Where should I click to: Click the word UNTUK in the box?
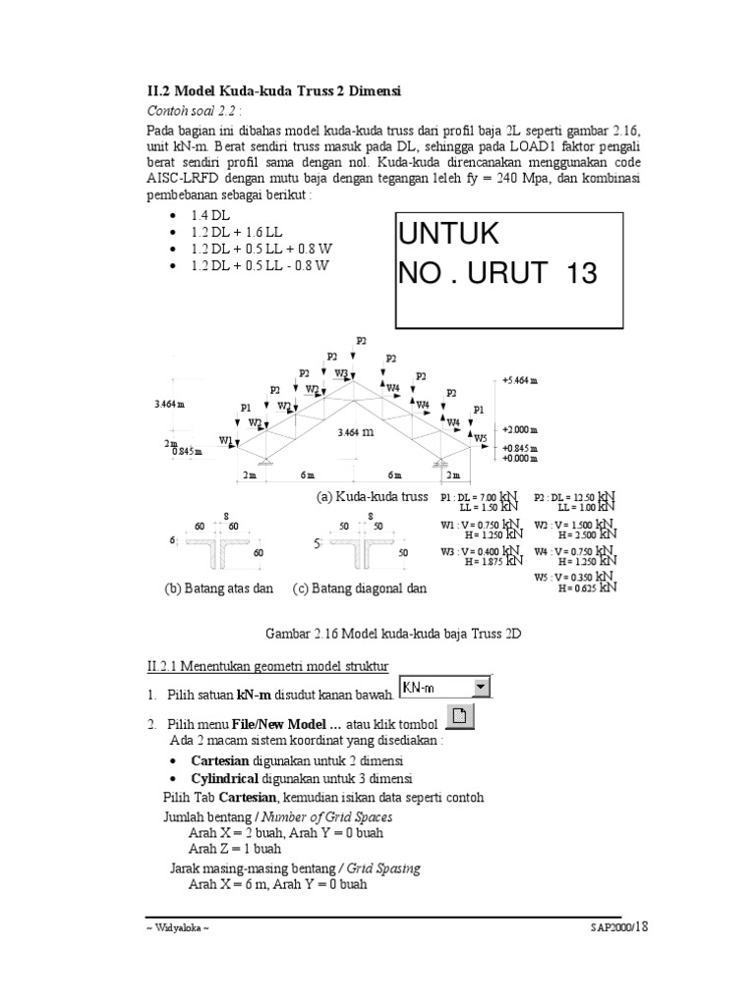coord(448,234)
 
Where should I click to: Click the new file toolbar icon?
coord(461,717)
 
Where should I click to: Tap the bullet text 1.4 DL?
coord(212,215)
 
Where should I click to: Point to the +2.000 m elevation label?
coord(520,429)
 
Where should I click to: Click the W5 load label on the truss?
coord(481,437)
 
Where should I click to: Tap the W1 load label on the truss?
coord(226,441)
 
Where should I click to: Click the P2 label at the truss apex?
coord(362,340)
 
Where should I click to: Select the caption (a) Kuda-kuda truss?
coord(372,496)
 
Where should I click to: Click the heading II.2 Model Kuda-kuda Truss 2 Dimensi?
coord(274,90)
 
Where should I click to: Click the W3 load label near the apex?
coord(341,373)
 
